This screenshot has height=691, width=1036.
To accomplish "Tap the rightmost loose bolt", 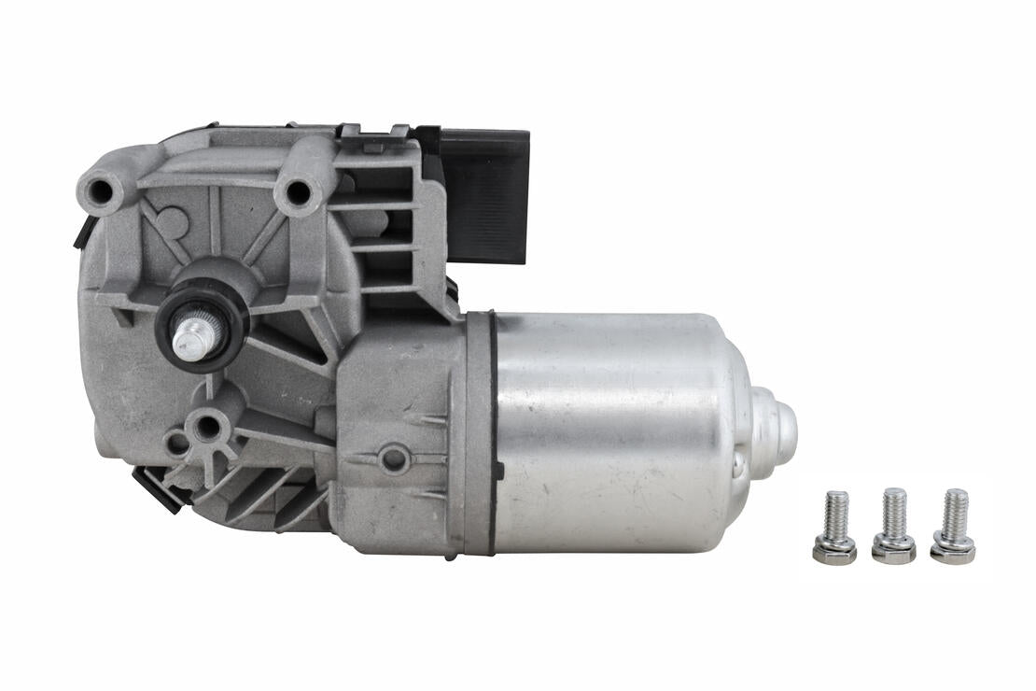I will (x=953, y=529).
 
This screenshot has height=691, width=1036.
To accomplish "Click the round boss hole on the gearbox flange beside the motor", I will (x=394, y=458).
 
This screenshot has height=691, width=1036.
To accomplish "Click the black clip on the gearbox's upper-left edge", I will (x=83, y=232).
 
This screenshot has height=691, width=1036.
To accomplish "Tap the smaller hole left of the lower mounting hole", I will (x=175, y=444).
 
